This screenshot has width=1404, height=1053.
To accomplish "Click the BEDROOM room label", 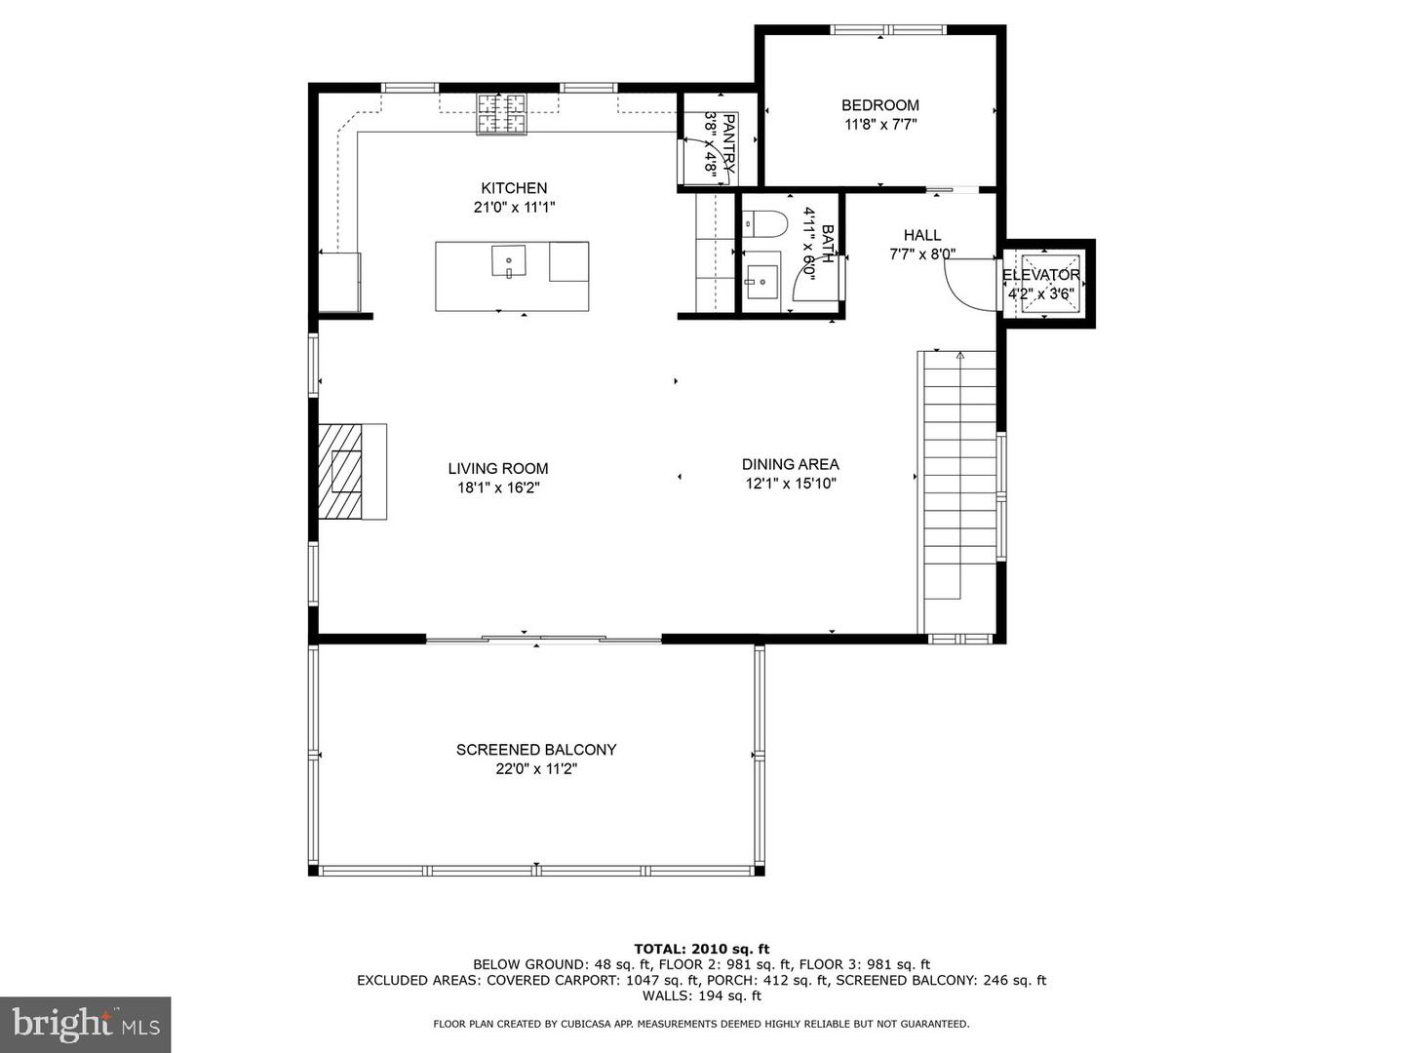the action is (x=879, y=105).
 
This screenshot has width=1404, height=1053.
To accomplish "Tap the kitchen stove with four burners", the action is (x=501, y=114).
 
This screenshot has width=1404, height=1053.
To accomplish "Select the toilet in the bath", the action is (x=764, y=224).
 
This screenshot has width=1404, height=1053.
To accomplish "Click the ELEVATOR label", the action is (x=1040, y=275).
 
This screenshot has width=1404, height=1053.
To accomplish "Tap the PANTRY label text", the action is (x=728, y=144).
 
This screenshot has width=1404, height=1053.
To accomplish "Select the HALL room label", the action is (x=921, y=235).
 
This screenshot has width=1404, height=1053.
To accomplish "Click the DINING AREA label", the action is (x=790, y=464).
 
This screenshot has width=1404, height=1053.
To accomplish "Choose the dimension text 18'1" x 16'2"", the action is (x=498, y=487).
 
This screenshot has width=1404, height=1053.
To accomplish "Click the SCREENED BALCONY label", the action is (x=536, y=750).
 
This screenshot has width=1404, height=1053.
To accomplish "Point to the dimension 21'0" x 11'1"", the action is (x=514, y=207).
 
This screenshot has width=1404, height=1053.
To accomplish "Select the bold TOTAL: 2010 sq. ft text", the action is (x=702, y=949).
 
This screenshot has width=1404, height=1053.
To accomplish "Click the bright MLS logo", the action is (x=85, y=1024).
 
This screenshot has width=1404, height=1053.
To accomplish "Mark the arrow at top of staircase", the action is (x=959, y=356).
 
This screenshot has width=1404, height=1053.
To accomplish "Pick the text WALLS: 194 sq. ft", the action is (x=702, y=995).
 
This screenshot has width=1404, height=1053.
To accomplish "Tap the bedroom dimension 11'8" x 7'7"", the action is (x=880, y=124).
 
